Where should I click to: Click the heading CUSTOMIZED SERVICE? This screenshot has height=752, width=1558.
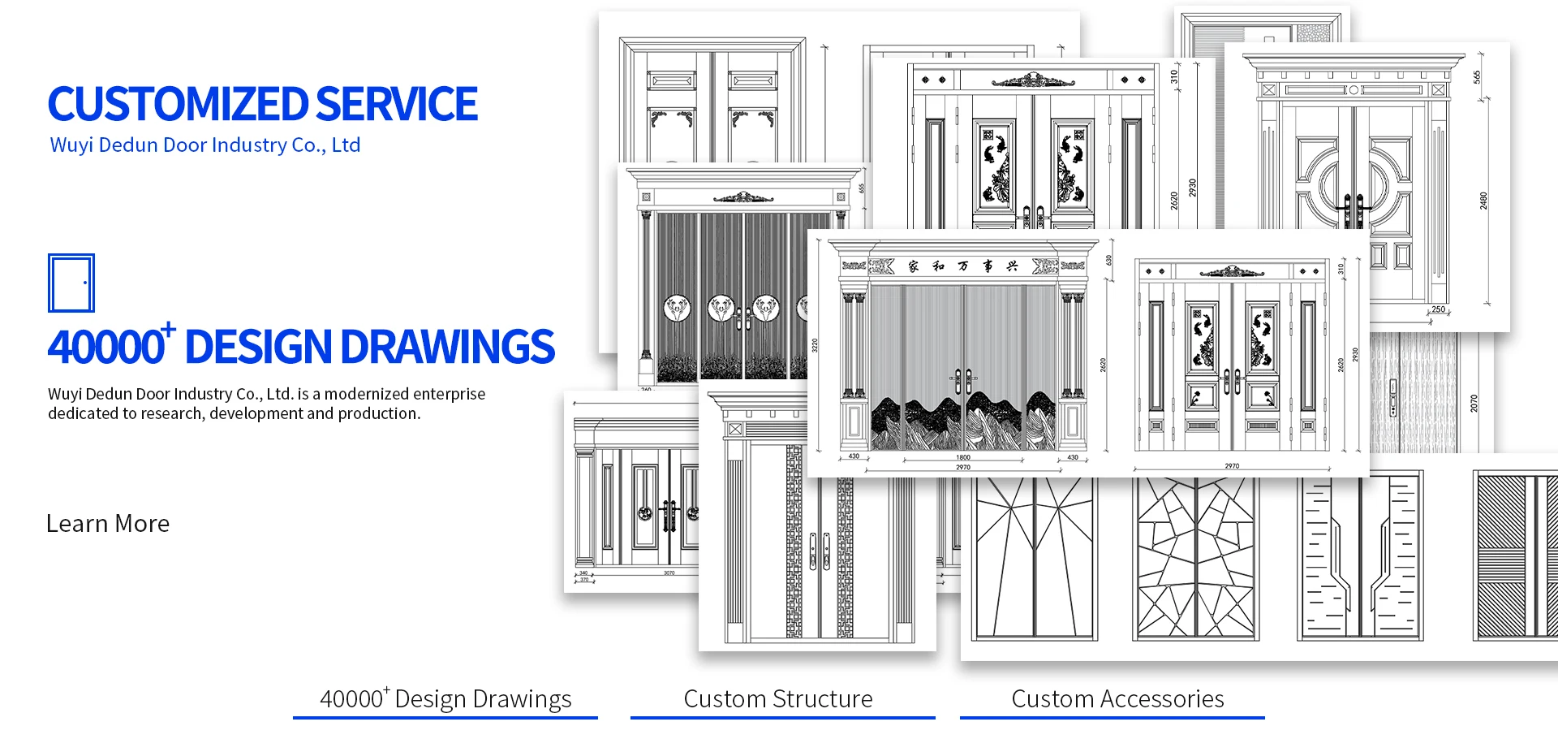tap(262, 104)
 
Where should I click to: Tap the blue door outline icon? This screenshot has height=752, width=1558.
tap(71, 283)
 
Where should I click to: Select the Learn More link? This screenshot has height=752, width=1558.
tap(108, 524)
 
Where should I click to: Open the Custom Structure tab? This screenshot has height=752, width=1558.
tap(778, 699)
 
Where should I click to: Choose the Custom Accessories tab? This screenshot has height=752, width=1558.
tap(1117, 699)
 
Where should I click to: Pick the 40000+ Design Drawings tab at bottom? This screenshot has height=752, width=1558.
tap(445, 699)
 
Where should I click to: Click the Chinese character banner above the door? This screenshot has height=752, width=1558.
tap(962, 266)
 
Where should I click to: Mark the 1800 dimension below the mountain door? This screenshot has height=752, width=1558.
tap(963, 457)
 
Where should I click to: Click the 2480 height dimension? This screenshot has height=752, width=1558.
tap(1483, 201)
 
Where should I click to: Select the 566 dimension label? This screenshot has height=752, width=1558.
tap(1477, 77)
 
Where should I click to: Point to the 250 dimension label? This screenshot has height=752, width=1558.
tap(1438, 309)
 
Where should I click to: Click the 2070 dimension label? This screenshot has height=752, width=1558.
tap(1474, 403)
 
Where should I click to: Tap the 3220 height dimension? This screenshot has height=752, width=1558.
tap(815, 345)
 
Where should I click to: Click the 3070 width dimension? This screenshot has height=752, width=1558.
tap(669, 573)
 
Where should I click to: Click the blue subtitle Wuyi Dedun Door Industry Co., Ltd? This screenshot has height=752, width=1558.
tap(204, 145)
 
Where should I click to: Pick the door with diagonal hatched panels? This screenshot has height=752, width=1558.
tap(1514, 556)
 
